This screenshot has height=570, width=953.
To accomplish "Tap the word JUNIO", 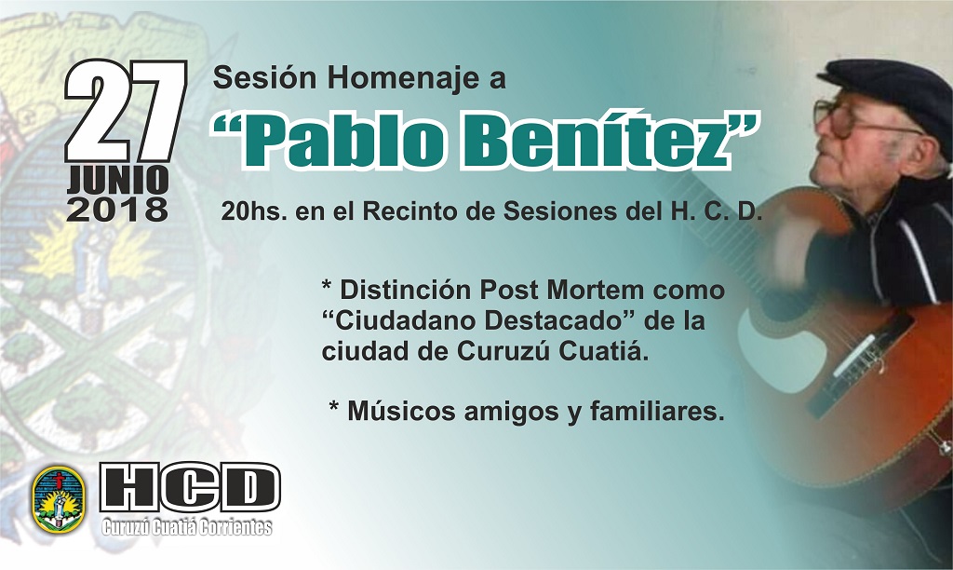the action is point(117,181).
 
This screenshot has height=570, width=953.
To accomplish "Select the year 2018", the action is point(117,210).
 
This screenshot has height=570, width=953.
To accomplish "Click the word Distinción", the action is point(406,290).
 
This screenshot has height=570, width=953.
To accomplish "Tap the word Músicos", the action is point(401,412).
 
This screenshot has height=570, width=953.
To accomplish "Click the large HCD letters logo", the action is point(190,488).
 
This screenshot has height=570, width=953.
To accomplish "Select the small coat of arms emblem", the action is point(59,500).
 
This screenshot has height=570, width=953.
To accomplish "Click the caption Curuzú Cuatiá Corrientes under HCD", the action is point(187,527).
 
